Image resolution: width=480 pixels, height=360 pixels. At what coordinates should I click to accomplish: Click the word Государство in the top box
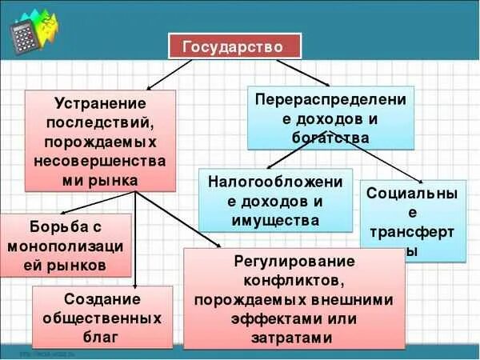pos(234,46)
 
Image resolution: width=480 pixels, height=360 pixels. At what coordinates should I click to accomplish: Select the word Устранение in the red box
pos(100,104)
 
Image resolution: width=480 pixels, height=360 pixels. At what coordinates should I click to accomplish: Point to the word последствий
pos(100,123)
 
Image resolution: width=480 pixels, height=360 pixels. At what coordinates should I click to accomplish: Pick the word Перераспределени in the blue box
pos(330,99)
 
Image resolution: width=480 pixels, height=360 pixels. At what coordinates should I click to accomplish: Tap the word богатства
pos(330,138)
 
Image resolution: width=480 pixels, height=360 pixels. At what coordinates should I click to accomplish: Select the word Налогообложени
pos(275,182)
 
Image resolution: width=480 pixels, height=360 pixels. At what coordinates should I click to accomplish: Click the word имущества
pos(275,220)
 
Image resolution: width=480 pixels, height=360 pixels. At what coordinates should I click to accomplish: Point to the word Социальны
pos(413,194)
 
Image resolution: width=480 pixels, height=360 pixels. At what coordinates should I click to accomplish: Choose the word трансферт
pos(413,232)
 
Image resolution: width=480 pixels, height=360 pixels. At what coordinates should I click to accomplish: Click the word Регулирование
pos(294,262)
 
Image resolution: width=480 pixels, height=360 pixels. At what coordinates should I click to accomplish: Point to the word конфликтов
pos(294,281)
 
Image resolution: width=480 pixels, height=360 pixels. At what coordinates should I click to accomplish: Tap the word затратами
pos(294,338)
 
